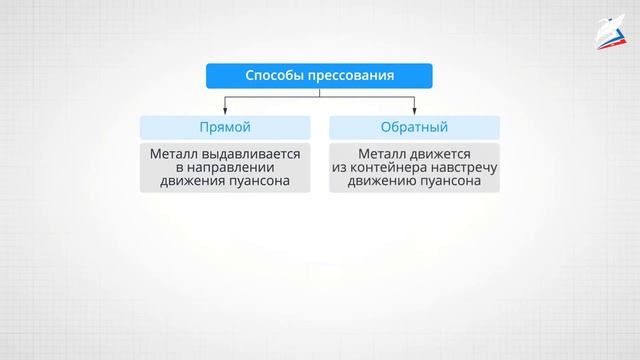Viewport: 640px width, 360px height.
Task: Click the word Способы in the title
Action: click(272, 76)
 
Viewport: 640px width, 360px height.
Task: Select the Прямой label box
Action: click(225, 127)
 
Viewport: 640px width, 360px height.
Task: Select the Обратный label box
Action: click(415, 127)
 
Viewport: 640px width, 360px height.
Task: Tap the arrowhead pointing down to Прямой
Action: click(225, 110)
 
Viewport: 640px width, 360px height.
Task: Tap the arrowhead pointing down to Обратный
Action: click(415, 110)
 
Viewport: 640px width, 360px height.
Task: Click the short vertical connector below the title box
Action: click(320, 92)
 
